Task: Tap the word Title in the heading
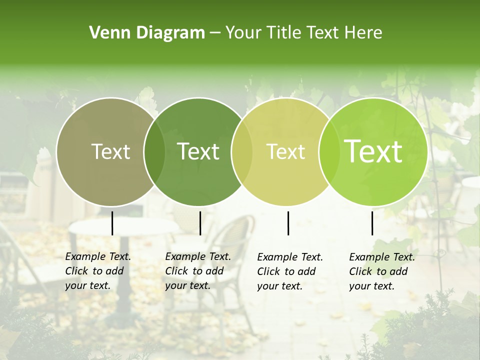(284, 33)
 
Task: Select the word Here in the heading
(365, 33)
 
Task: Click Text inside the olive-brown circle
(111, 152)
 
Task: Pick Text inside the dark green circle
(198, 152)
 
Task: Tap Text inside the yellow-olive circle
(286, 152)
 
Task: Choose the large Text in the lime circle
(373, 151)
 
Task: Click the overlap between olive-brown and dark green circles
(154, 152)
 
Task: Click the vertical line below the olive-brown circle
(112, 223)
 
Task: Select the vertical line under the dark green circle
(200, 223)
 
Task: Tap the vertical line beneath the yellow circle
(288, 223)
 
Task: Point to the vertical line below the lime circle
(372, 223)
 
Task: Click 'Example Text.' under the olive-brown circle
(98, 257)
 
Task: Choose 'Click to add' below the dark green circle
(194, 271)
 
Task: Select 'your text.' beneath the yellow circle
(279, 286)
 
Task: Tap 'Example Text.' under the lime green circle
(382, 257)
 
